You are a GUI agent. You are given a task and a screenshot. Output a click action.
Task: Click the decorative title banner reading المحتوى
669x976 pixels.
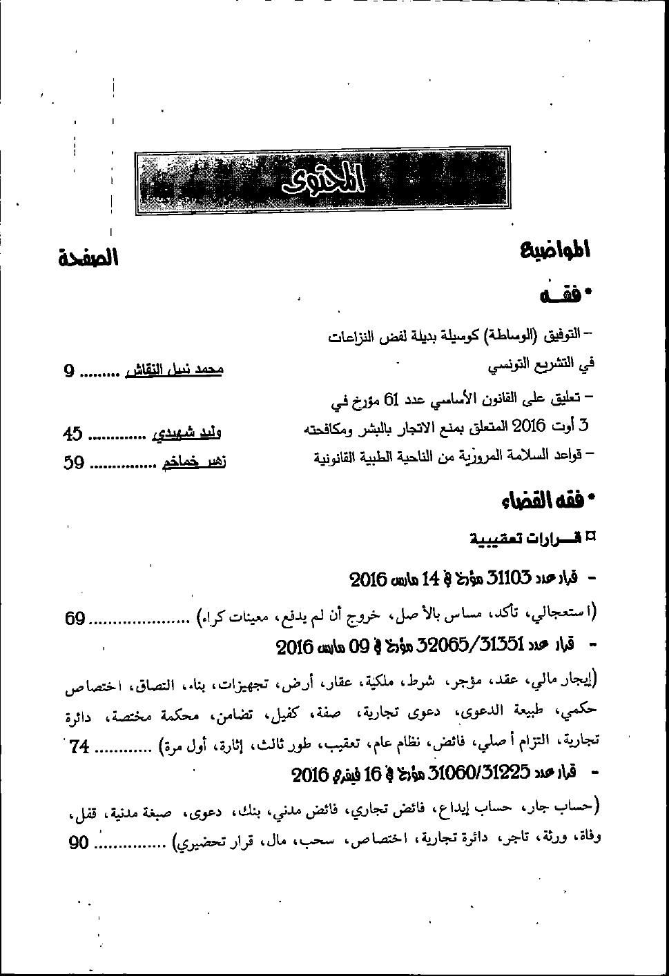(323, 181)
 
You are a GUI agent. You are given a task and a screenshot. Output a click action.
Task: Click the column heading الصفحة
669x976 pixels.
(88, 258)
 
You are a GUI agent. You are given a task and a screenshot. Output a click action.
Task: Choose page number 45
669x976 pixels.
(72, 435)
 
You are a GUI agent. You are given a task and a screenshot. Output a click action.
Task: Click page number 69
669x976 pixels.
(75, 618)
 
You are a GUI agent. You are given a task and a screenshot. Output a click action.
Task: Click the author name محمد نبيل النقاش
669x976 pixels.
(174, 370)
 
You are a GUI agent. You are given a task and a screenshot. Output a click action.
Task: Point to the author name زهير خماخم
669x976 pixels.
(194, 461)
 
